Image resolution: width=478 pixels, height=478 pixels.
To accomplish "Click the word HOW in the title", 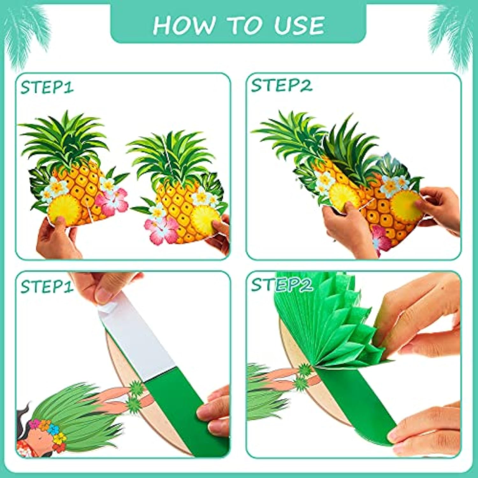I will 183,25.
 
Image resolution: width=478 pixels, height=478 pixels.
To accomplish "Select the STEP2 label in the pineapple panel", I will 281,86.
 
